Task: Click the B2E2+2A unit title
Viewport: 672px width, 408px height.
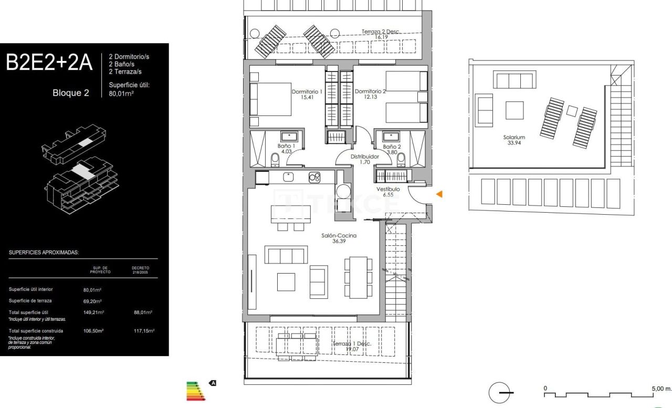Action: (x=49, y=62)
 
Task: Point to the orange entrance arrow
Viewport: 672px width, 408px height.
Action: (x=439, y=194)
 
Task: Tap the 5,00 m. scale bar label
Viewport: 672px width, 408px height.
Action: (x=660, y=389)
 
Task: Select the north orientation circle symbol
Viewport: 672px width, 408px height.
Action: (x=498, y=393)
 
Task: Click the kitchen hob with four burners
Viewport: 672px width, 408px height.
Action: (x=314, y=177)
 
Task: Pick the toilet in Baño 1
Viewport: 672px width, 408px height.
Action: (x=275, y=159)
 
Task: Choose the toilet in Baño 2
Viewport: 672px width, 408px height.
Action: (x=402, y=158)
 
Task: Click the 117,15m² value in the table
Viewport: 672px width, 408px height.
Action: (x=143, y=331)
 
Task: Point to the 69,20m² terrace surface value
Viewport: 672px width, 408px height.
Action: (x=92, y=301)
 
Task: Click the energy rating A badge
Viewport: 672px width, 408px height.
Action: (x=213, y=383)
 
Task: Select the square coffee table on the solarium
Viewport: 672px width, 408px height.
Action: (x=514, y=110)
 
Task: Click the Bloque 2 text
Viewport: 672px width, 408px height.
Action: (x=70, y=93)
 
